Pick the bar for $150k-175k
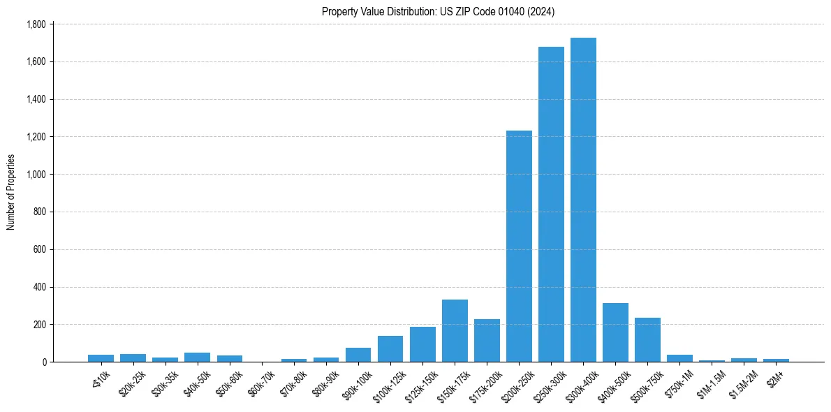(x=455, y=331)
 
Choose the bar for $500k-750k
(x=647, y=340)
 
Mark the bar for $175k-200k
(x=487, y=341)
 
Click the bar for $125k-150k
(x=422, y=344)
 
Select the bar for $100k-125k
(x=390, y=349)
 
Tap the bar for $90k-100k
(x=358, y=355)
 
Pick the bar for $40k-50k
(x=197, y=357)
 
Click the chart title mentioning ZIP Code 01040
(x=439, y=11)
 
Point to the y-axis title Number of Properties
(x=11, y=192)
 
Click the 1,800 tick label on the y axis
(x=36, y=24)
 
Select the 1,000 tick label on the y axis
(x=36, y=175)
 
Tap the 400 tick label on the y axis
(x=39, y=287)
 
